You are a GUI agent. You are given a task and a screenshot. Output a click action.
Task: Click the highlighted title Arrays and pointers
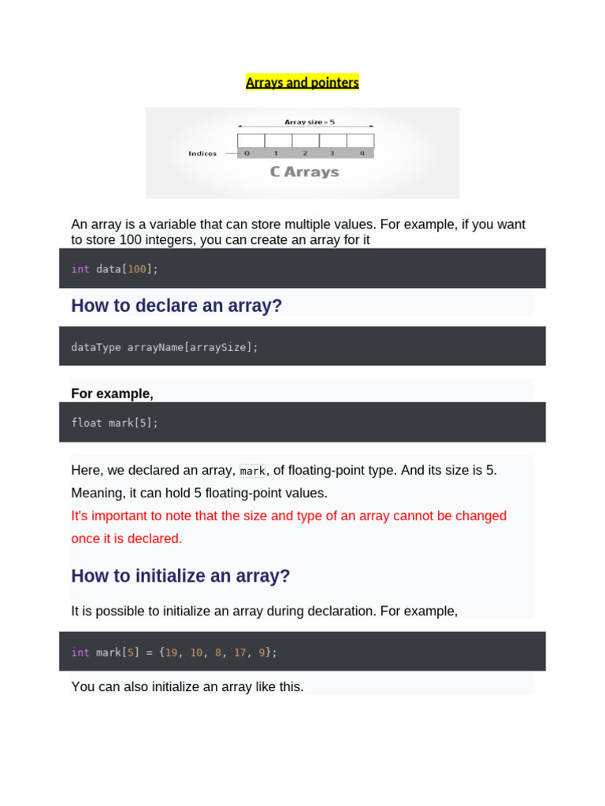tap(302, 83)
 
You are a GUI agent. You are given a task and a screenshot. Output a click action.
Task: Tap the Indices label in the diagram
tap(202, 153)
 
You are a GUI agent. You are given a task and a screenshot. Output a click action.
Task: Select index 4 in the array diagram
tap(362, 153)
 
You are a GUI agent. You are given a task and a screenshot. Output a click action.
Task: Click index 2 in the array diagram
tap(305, 153)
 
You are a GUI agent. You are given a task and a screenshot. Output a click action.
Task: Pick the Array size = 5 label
tap(309, 122)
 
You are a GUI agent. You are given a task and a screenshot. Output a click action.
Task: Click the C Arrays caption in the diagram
tap(304, 172)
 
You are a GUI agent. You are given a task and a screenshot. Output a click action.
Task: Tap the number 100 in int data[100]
tap(137, 269)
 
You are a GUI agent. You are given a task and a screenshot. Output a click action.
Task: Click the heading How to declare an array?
tap(176, 305)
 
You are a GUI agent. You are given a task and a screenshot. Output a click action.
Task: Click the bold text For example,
tap(112, 394)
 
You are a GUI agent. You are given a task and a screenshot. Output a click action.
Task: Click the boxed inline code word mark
tap(253, 471)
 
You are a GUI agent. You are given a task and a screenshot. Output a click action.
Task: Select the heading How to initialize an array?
tap(180, 576)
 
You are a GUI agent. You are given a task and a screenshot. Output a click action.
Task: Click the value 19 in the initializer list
tap(171, 653)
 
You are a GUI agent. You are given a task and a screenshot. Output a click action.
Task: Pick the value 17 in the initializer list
tap(240, 653)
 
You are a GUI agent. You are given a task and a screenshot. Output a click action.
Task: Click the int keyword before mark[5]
tap(80, 653)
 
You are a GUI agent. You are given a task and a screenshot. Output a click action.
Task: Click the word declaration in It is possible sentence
tap(374, 611)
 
